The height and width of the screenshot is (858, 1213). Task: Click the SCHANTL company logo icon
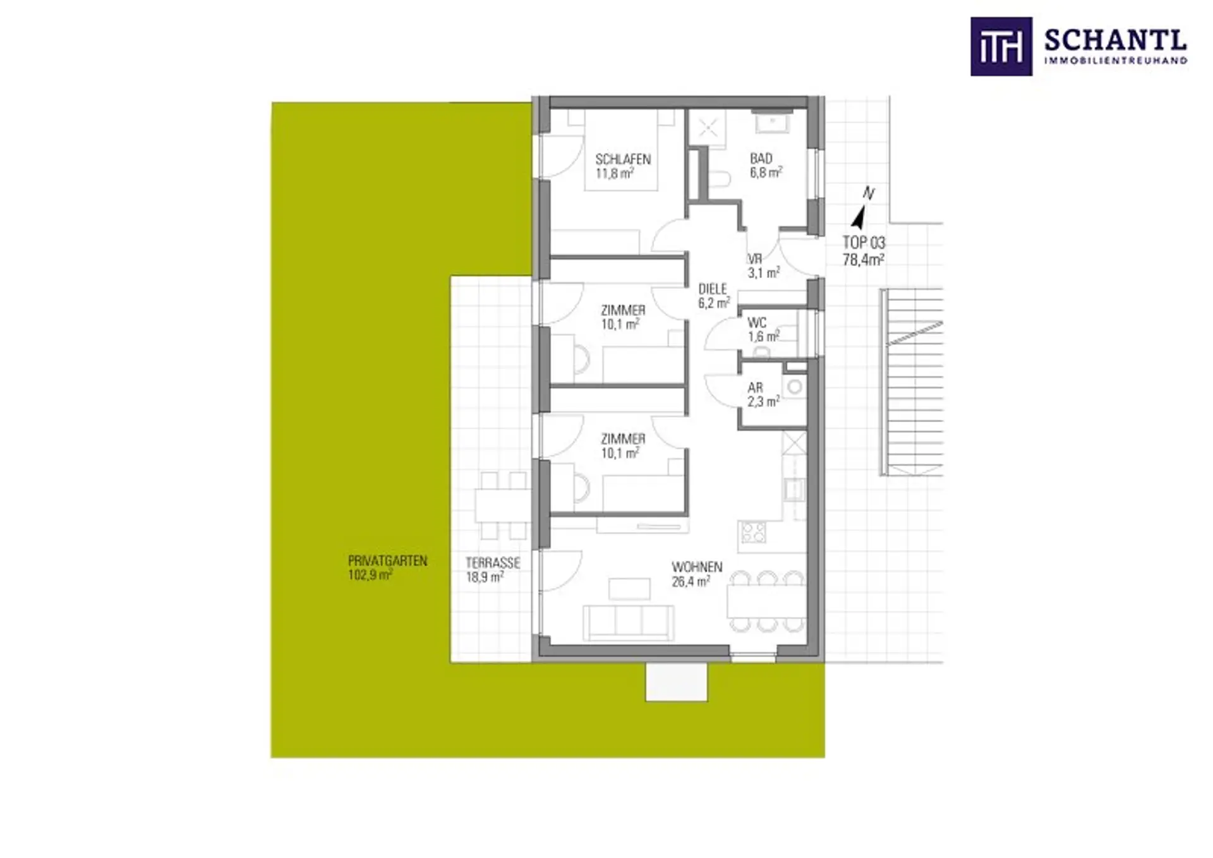tap(1001, 47)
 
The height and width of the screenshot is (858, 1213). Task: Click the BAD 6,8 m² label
tap(766, 166)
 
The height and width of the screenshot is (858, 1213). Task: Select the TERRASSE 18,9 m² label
tap(493, 570)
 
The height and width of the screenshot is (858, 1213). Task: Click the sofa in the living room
tap(628, 622)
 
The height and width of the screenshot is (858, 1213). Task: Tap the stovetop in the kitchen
tap(752, 532)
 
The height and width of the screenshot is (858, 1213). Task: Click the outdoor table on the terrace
tap(502, 505)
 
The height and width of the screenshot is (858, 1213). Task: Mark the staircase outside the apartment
tap(912, 382)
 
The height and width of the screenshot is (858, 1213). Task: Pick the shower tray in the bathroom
tap(707, 129)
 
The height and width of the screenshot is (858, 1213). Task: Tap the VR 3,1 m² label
tap(763, 266)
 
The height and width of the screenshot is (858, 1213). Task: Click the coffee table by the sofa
tap(629, 589)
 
